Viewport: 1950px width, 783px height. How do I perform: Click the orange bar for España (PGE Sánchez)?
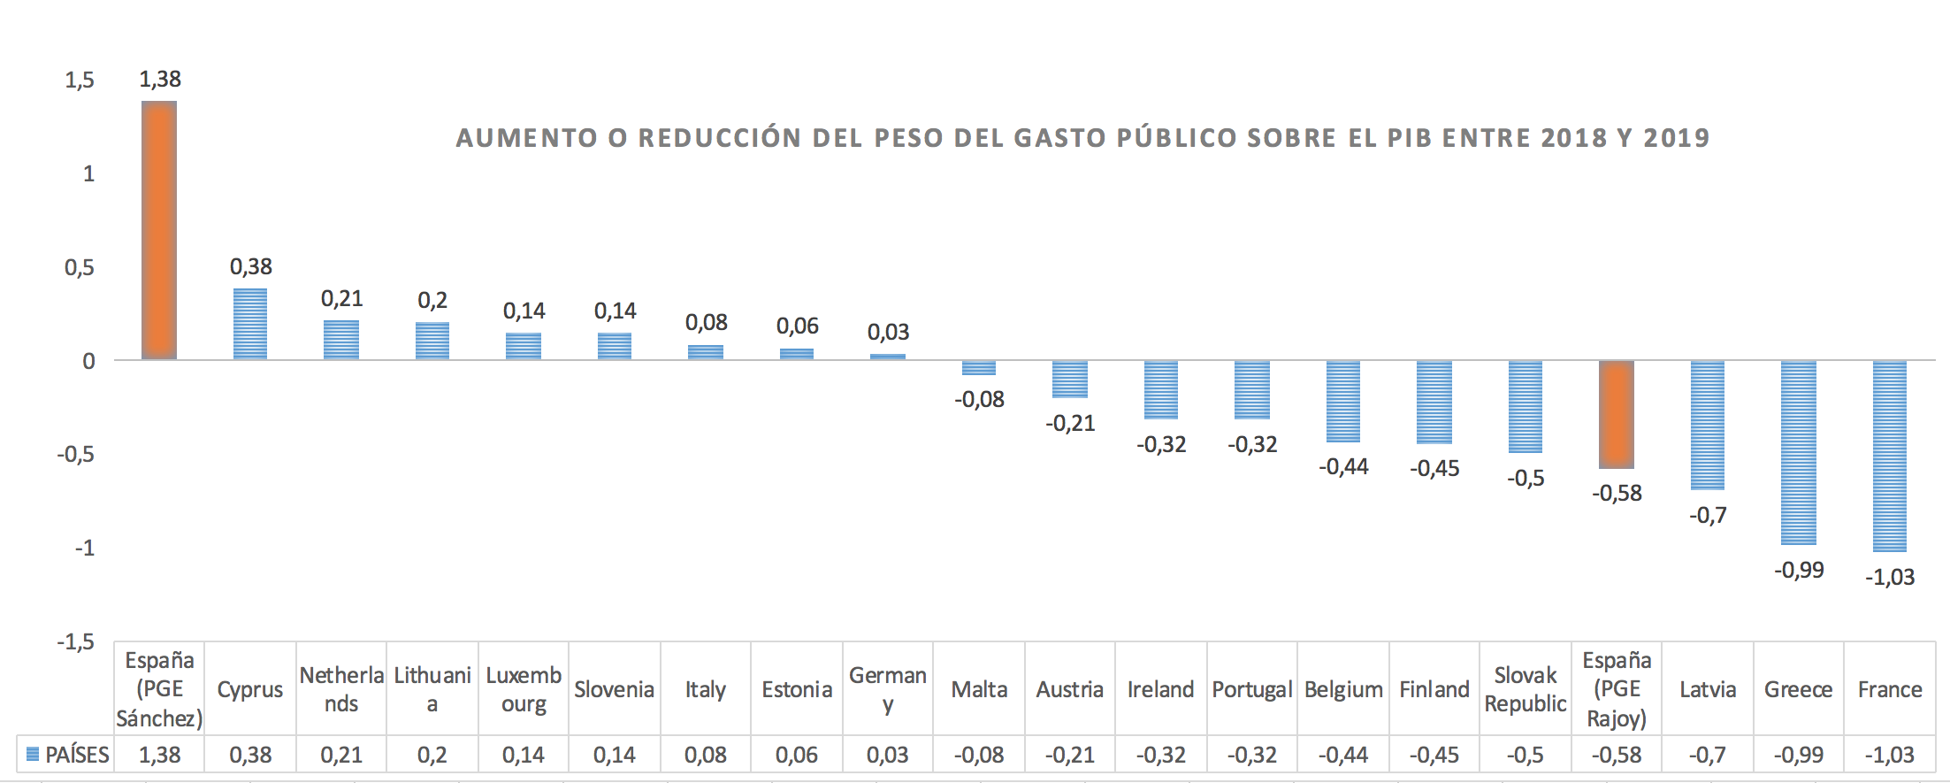point(159,230)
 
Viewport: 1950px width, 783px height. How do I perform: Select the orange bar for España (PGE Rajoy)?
point(1617,414)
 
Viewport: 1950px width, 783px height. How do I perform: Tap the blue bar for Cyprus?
point(250,323)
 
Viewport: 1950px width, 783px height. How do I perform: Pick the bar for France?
point(1889,456)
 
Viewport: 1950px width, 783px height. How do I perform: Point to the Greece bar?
point(1799,452)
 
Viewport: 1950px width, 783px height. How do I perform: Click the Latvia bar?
point(1708,425)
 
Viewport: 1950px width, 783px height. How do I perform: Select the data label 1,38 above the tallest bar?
point(160,80)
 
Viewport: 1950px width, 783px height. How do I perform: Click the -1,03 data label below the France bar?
point(1890,578)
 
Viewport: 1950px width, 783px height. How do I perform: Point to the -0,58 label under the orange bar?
point(1617,494)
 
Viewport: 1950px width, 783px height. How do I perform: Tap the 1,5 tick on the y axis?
point(80,81)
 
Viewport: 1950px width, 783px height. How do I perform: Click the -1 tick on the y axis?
point(84,549)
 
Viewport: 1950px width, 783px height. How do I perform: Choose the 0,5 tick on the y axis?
point(80,267)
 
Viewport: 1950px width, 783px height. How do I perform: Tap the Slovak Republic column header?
point(1526,689)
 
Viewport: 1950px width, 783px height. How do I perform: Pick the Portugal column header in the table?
point(1252,689)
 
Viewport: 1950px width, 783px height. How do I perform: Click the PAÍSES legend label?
point(77,755)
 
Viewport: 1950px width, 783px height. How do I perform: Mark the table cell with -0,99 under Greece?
point(1799,755)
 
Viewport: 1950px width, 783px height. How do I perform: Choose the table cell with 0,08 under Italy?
point(706,755)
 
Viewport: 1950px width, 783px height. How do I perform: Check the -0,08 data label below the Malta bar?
point(980,400)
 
